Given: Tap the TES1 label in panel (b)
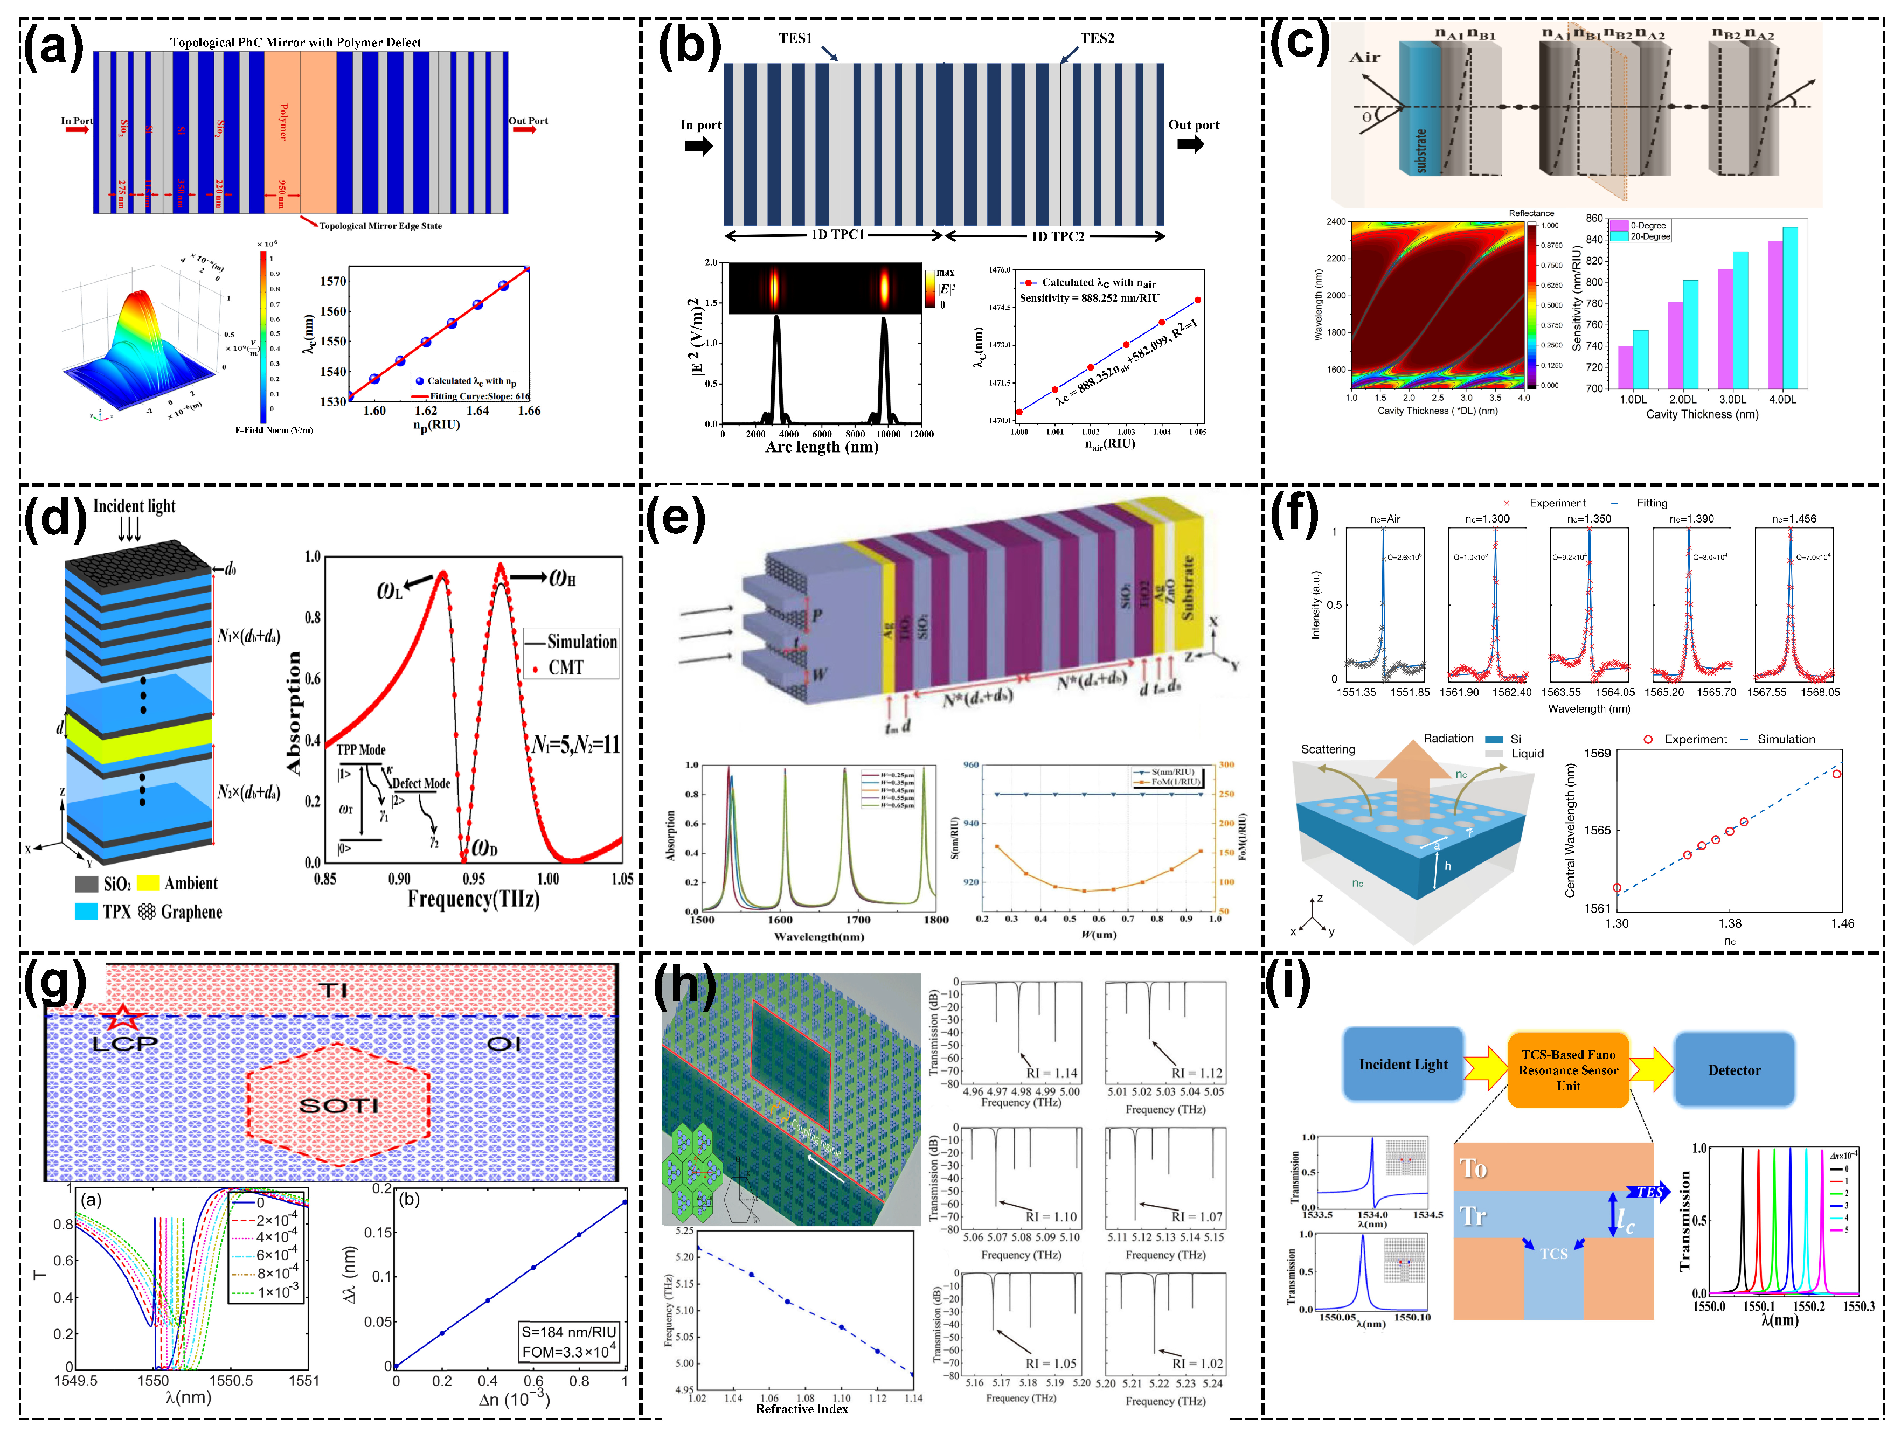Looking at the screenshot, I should (795, 39).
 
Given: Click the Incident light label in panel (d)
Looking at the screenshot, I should (134, 506).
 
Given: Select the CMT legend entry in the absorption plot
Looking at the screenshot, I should (565, 667).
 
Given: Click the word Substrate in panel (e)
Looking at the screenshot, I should (1188, 588).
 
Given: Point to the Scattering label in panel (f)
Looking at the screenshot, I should (1328, 749).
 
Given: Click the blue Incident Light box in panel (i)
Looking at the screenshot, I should (1403, 1065).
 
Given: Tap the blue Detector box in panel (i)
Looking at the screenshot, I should (1733, 1070).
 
